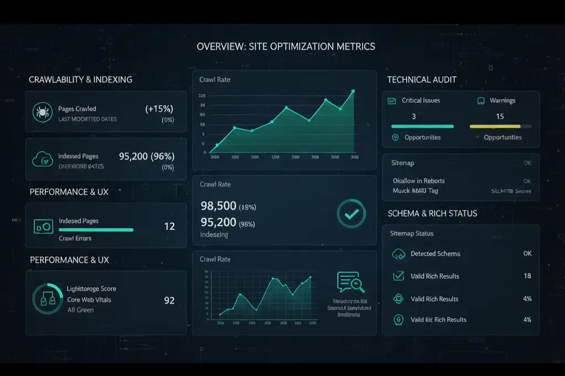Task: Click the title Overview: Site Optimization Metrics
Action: [x=286, y=46]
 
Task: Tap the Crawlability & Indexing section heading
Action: [x=81, y=79]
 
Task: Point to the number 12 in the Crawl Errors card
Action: [x=169, y=226]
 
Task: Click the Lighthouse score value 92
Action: [x=169, y=300]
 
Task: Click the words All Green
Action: [x=81, y=310]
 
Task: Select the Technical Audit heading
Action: [x=422, y=79]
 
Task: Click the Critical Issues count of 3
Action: [x=414, y=116]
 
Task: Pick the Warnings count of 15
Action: [x=500, y=116]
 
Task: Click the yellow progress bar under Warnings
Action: [x=495, y=126]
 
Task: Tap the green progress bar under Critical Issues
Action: [x=422, y=126]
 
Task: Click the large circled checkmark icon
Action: [x=350, y=214]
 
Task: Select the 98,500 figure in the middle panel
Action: [x=218, y=206]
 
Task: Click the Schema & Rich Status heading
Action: [x=433, y=213]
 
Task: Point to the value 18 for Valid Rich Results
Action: [x=527, y=276]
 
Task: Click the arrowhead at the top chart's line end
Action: [x=353, y=92]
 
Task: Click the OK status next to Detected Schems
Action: [x=527, y=254]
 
